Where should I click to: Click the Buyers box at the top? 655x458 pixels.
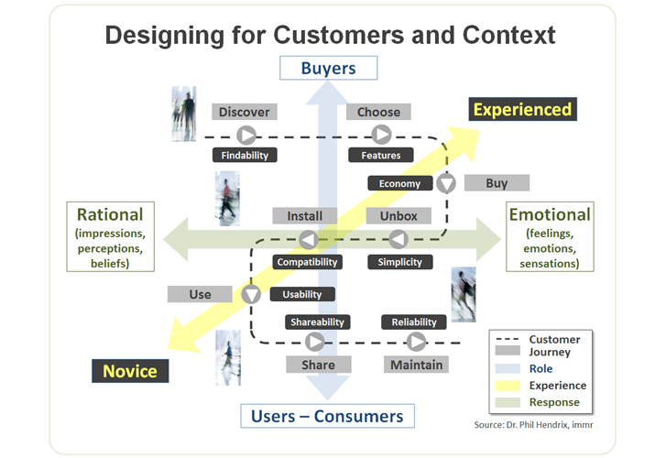point(328,68)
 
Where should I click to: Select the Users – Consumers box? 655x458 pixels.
point(327,416)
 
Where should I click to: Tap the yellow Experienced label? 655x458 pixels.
point(522,110)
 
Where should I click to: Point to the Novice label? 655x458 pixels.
point(129,371)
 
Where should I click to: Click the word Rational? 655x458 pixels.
point(109,215)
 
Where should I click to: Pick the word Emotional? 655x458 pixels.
point(549,215)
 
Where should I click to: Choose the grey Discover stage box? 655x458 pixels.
point(245,112)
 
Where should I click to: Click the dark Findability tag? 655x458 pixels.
point(245,156)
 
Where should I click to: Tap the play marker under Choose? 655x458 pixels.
point(381,135)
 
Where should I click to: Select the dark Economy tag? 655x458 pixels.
point(399,183)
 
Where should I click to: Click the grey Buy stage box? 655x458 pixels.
point(497,183)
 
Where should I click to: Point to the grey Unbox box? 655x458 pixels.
point(398,216)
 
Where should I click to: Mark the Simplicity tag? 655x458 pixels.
point(400,262)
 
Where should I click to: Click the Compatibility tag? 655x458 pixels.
point(307,262)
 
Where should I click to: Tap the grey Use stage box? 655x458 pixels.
point(200,294)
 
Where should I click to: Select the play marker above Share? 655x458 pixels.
point(314,342)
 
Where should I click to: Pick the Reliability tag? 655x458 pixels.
point(414,322)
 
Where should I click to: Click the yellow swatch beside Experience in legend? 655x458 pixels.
point(508,386)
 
